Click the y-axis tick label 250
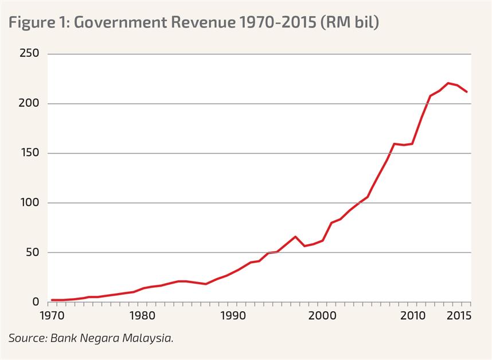click(28, 54)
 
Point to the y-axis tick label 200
click(28, 104)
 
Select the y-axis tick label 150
click(29, 153)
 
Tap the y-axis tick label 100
click(29, 203)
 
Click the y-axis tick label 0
click(36, 302)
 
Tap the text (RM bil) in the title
click(350, 23)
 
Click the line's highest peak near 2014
click(448, 83)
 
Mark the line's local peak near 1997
click(295, 237)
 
